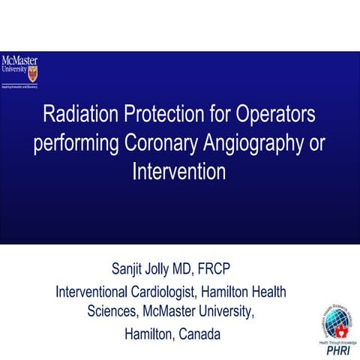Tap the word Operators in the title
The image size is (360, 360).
[276, 116]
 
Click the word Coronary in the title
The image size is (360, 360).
[168, 144]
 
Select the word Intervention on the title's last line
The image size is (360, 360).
[178, 171]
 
